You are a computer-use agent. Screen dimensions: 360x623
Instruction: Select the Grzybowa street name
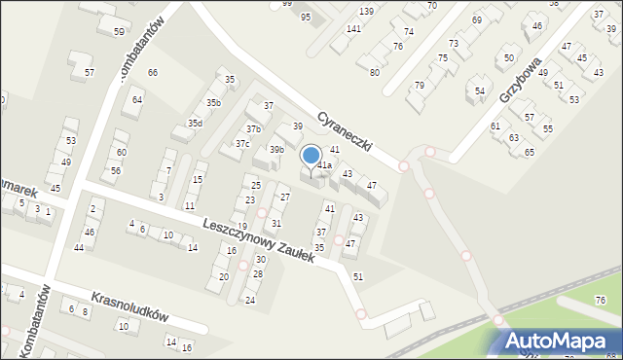coord(520,82)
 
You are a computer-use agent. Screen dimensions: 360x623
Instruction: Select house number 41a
coord(324,165)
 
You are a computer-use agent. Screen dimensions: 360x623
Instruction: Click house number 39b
coord(276,149)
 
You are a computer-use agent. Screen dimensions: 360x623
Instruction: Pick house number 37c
coord(241,144)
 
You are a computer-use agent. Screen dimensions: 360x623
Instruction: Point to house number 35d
coord(196,123)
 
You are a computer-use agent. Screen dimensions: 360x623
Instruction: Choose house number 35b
coord(213,102)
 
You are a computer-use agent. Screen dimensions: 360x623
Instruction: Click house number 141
coord(353,29)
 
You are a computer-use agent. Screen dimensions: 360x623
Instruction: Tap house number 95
coord(306,18)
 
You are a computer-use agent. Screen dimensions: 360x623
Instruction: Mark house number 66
coord(152,73)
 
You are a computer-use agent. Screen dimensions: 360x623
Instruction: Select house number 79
coord(420,86)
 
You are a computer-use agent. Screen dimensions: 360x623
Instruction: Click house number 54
coord(480,91)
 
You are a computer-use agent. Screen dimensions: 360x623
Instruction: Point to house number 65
coord(530,152)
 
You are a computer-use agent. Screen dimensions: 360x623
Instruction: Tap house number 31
coord(276,223)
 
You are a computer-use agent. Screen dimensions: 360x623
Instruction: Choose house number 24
coord(250,300)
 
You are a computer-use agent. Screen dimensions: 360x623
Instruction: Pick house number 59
coord(119,32)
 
